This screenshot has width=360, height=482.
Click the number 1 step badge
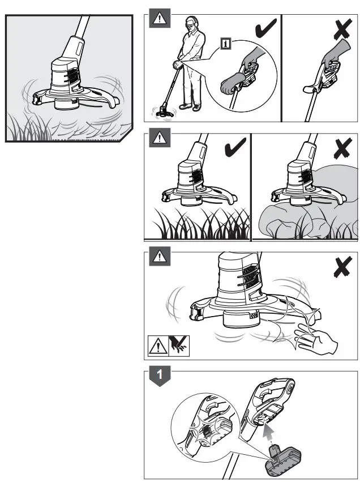pyautogui.click(x=160, y=376)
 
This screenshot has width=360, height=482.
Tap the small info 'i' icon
pyautogui.click(x=226, y=44)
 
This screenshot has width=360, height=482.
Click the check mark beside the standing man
pyautogui.click(x=265, y=28)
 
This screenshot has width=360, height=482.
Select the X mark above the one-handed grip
pyautogui.click(x=343, y=28)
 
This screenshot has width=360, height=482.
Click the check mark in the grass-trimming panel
pyautogui.click(x=235, y=147)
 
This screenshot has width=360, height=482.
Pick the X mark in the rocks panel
pyautogui.click(x=343, y=148)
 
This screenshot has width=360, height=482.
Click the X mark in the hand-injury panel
pyautogui.click(x=343, y=267)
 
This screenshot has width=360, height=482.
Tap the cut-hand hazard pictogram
pyautogui.click(x=179, y=345)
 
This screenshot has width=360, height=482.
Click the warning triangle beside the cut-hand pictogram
pyautogui.click(x=158, y=346)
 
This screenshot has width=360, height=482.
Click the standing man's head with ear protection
pyautogui.click(x=191, y=24)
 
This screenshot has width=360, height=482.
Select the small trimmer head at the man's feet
pyautogui.click(x=164, y=113)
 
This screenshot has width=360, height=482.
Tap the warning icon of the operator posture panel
pyautogui.click(x=160, y=19)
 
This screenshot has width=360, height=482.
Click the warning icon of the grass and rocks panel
pyautogui.click(x=160, y=138)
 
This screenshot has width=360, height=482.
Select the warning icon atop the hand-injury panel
pyautogui.click(x=160, y=256)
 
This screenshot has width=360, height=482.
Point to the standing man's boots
pyautogui.click(x=190, y=106)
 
